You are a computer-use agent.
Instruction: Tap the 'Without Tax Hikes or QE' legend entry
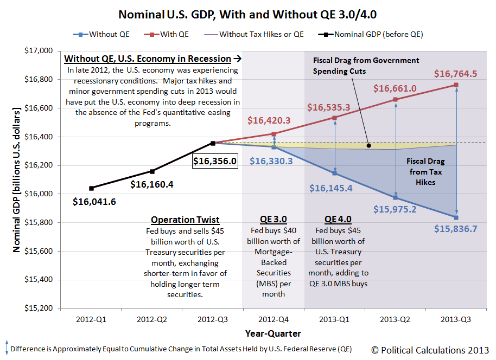[261, 34]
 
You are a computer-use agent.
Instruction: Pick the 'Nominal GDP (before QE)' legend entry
[378, 34]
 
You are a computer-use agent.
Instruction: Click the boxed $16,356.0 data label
[214, 161]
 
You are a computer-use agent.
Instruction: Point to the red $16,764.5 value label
[455, 73]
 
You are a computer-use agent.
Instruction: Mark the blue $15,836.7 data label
[455, 229]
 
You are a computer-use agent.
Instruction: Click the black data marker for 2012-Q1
[91, 188]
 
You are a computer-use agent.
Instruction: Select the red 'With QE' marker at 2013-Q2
[396, 99]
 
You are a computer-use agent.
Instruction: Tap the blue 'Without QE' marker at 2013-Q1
[335, 173]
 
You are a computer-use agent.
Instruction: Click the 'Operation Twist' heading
[185, 220]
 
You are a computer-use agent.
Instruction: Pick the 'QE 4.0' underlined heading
[338, 220]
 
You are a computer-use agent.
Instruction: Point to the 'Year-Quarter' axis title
[273, 333]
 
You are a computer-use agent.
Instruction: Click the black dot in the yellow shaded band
[368, 145]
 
